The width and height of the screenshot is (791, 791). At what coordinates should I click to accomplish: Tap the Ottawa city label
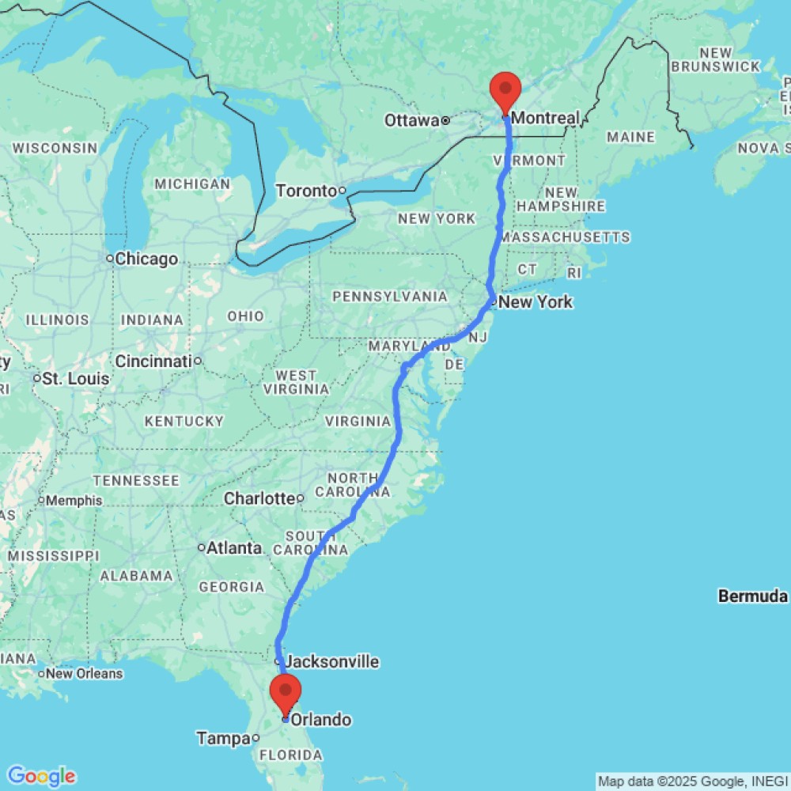pyautogui.click(x=411, y=120)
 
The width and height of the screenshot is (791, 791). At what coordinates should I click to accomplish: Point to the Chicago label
pyautogui.click(x=146, y=259)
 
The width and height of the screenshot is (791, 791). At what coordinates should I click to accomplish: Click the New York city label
pyautogui.click(x=536, y=302)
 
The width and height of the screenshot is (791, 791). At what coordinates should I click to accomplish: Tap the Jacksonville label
pyautogui.click(x=332, y=661)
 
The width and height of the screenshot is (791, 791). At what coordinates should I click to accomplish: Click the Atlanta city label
pyautogui.click(x=234, y=547)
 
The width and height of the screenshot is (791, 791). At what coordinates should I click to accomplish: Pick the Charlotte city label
pyautogui.click(x=259, y=498)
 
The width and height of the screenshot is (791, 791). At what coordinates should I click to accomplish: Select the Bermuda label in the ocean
pyautogui.click(x=753, y=596)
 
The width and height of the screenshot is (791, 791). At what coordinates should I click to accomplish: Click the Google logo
pyautogui.click(x=41, y=776)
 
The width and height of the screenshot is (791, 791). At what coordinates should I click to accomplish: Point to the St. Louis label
pyautogui.click(x=77, y=379)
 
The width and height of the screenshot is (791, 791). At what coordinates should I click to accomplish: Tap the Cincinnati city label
pyautogui.click(x=153, y=361)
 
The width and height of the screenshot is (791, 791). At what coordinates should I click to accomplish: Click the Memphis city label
pyautogui.click(x=74, y=501)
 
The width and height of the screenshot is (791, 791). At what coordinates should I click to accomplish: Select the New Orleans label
pyautogui.click(x=85, y=674)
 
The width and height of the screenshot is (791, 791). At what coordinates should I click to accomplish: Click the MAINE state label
pyautogui.click(x=630, y=138)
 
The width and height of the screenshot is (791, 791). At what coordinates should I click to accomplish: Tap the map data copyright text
pyautogui.click(x=692, y=782)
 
